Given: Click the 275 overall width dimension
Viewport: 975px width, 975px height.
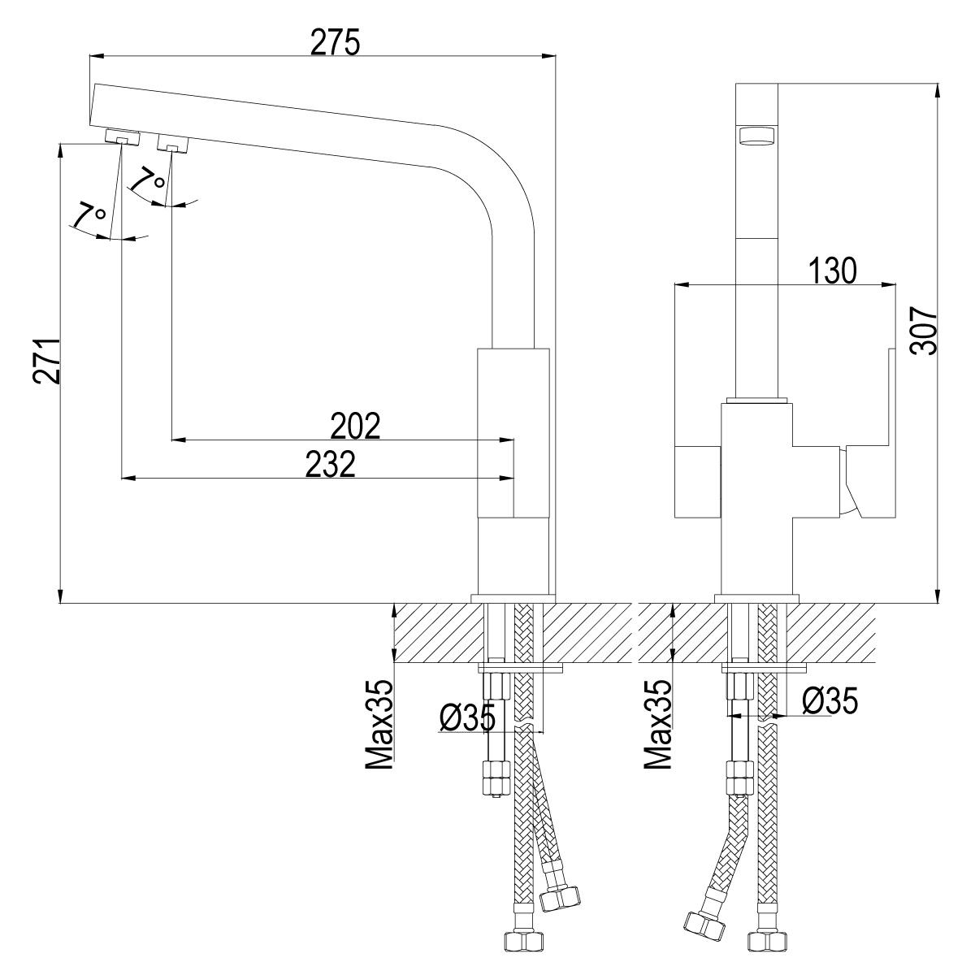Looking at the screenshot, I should [x=335, y=42].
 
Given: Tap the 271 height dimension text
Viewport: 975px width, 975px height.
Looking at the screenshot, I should [x=46, y=360].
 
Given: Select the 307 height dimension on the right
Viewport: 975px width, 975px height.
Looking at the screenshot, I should [x=925, y=331].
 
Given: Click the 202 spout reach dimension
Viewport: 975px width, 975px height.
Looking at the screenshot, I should [x=356, y=426].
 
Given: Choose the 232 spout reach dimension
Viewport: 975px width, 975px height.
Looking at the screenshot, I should [x=331, y=464].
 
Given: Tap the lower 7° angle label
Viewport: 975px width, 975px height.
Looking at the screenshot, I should [x=89, y=217].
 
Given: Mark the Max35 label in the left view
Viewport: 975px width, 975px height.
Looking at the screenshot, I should [x=379, y=725].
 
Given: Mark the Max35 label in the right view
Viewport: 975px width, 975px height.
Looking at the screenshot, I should [x=658, y=725].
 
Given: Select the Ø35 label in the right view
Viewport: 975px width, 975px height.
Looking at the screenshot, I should [x=830, y=700].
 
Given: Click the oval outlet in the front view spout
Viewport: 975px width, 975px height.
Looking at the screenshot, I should [x=756, y=135].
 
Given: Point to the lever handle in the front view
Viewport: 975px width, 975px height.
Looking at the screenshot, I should [x=869, y=479].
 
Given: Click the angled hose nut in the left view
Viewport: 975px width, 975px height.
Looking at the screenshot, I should [x=561, y=896].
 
